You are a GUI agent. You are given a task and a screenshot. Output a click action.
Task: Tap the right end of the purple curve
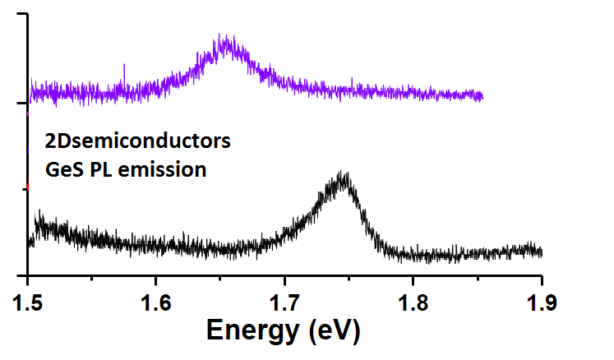coord(482,97)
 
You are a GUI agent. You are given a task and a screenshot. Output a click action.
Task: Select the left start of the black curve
coord(30,242)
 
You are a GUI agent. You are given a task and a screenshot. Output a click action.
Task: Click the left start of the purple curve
coord(30,90)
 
